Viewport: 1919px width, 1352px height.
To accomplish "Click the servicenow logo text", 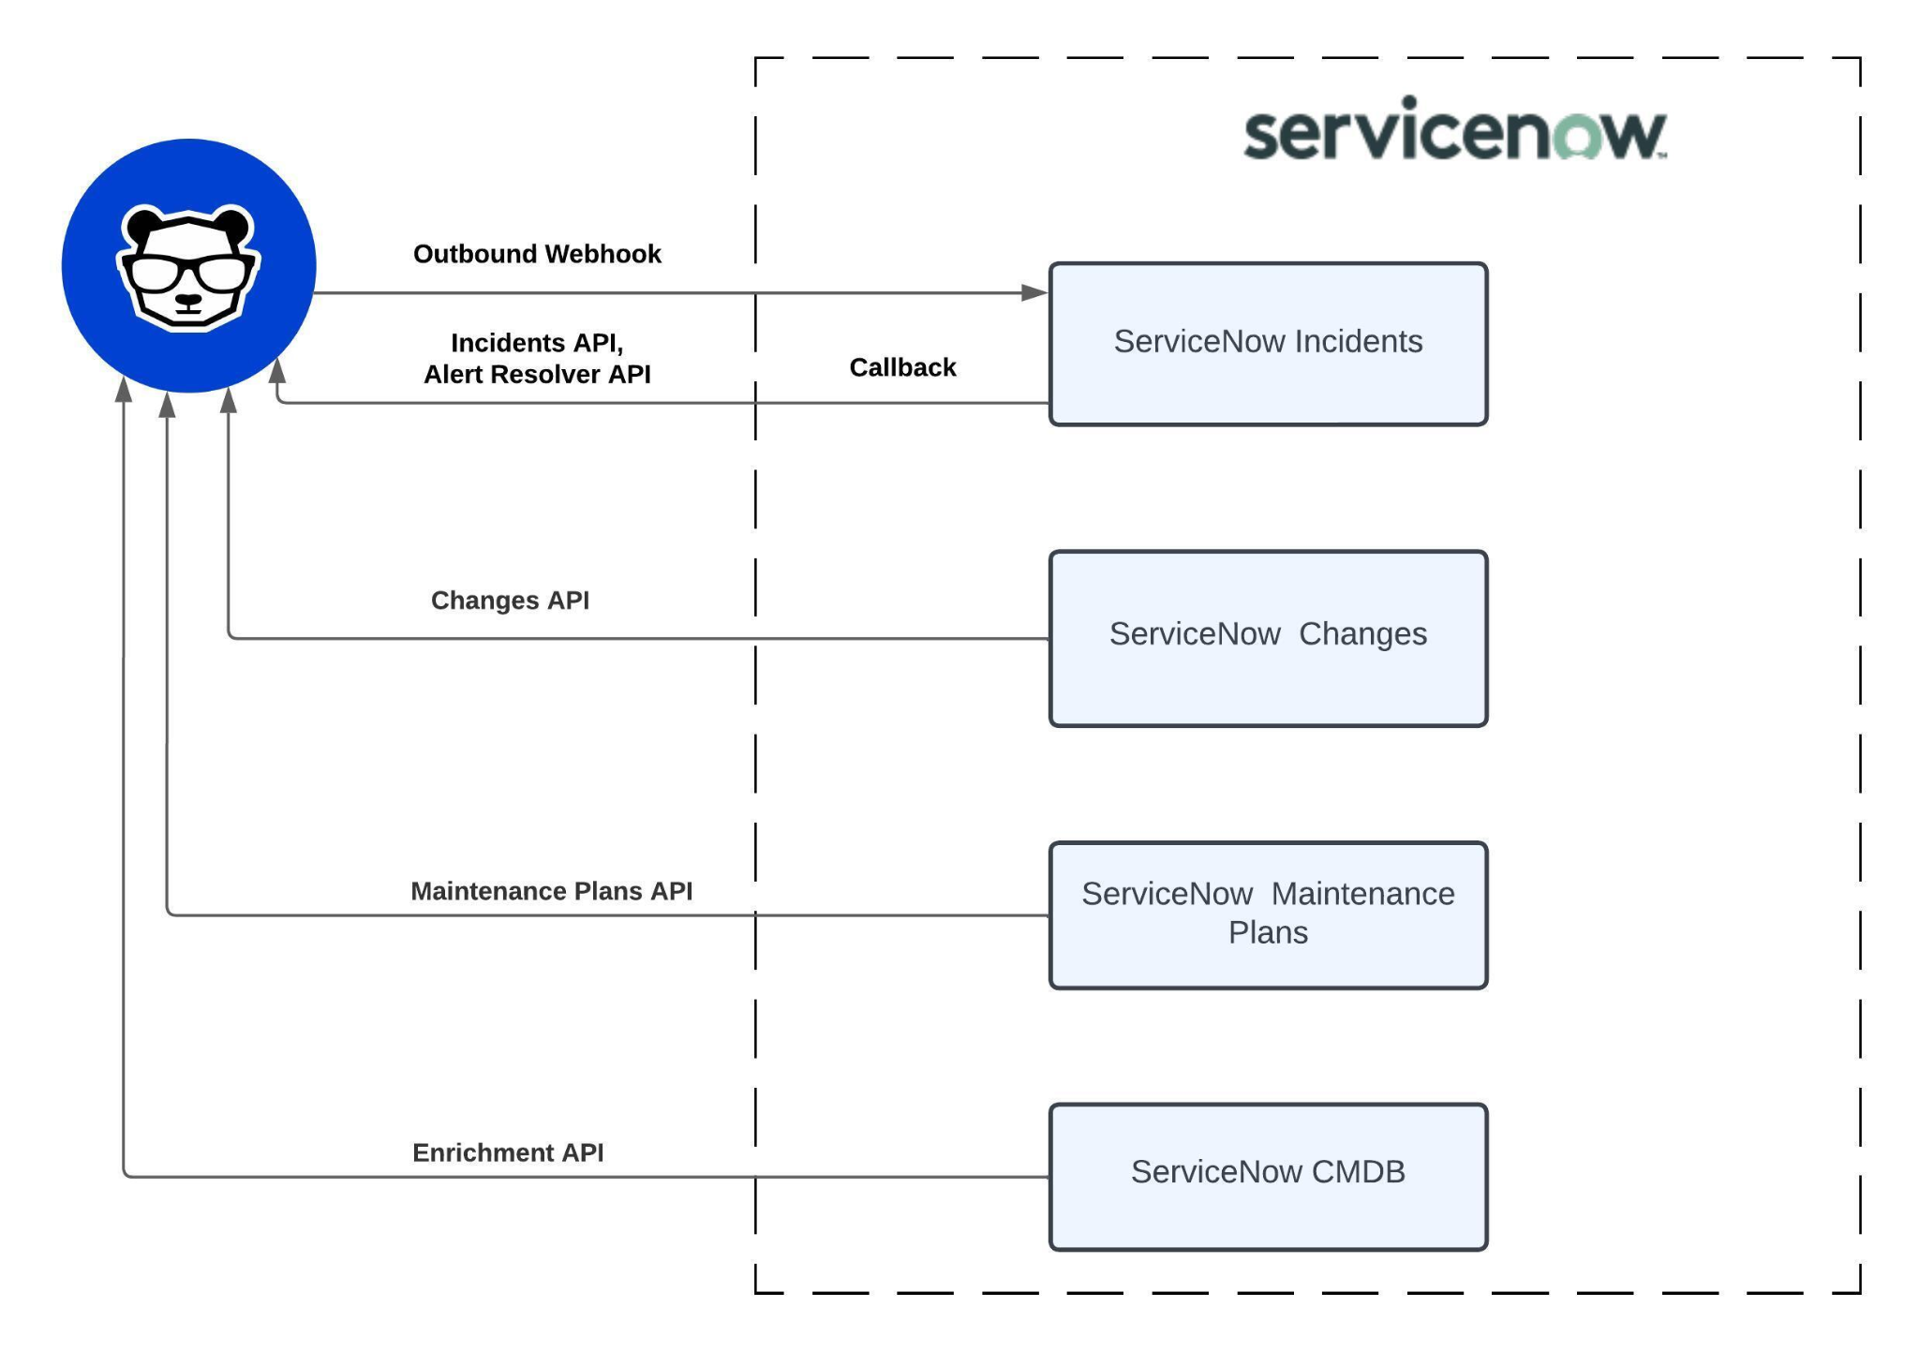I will click(1452, 132).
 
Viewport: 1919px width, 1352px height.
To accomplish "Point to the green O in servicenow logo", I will click(1576, 137).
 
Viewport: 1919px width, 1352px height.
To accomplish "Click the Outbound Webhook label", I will click(537, 254).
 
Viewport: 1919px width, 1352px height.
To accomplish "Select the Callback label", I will click(901, 367).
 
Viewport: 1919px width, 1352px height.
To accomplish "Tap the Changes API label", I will click(510, 600).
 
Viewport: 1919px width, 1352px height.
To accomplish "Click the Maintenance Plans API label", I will click(551, 891).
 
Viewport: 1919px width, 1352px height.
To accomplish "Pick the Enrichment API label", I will click(508, 1152).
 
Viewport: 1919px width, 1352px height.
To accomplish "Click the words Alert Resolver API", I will click(537, 375).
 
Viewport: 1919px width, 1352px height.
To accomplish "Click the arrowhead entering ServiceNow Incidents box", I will click(1034, 292).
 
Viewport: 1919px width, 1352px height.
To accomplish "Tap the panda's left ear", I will click(143, 225).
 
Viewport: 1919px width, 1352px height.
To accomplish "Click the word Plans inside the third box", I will click(1267, 933).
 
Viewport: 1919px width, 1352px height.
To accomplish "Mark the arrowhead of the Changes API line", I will click(228, 401).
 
